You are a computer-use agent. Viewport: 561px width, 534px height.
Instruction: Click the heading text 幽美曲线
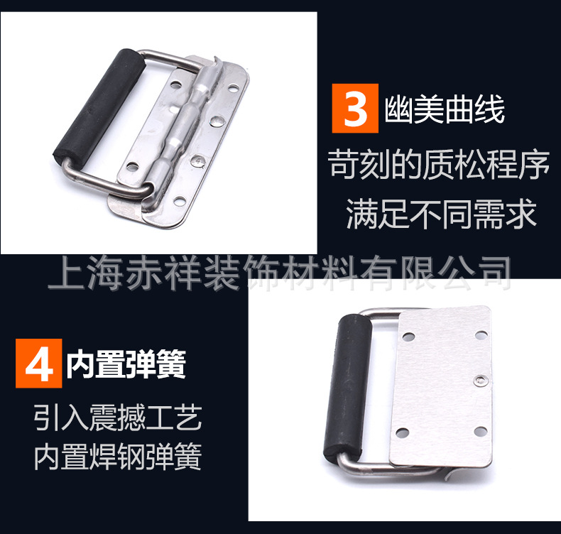pyautogui.click(x=445, y=112)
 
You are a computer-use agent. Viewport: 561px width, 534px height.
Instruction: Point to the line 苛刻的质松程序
pyautogui.click(x=439, y=167)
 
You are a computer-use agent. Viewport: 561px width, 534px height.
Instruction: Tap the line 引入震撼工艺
pyautogui.click(x=118, y=420)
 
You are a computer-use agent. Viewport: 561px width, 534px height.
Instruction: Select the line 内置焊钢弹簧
pyautogui.click(x=118, y=457)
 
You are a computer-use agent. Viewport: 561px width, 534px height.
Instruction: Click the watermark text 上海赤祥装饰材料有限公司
pyautogui.click(x=279, y=272)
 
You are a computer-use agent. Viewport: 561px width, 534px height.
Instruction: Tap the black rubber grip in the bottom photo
pyautogui.click(x=353, y=384)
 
